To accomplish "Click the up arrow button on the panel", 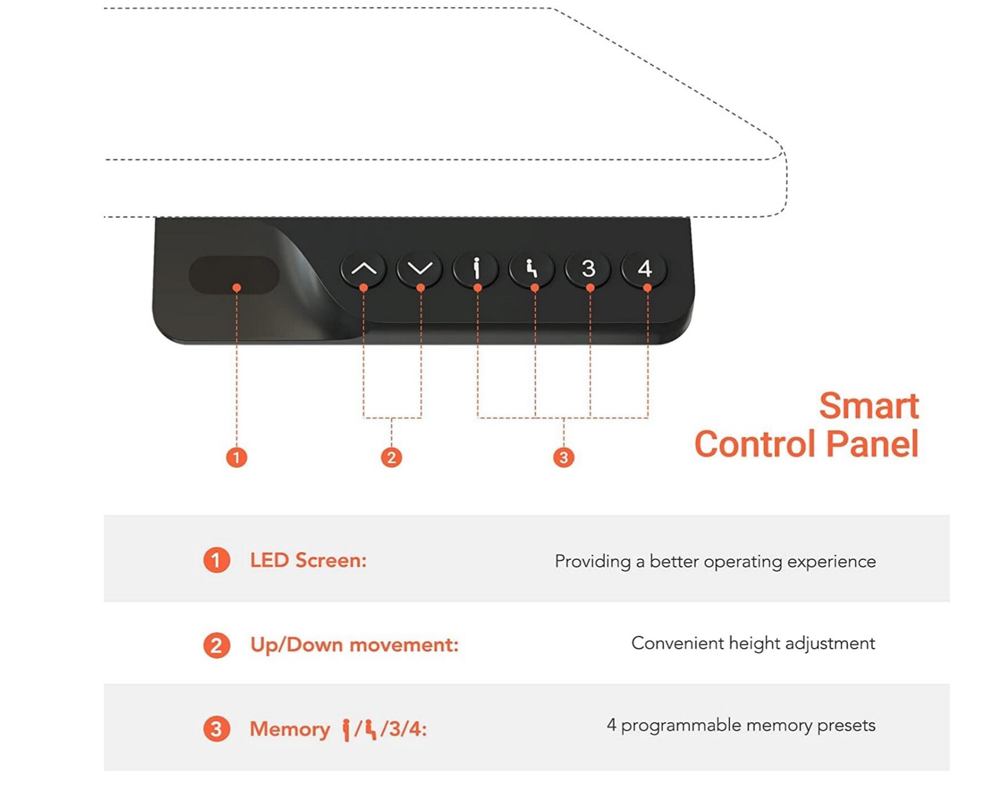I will click(x=363, y=269).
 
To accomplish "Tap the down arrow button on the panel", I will click(x=420, y=269).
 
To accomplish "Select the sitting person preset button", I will click(x=532, y=269).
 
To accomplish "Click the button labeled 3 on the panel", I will click(x=588, y=269).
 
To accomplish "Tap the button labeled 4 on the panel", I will click(x=645, y=269).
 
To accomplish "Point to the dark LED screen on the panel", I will click(x=234, y=275).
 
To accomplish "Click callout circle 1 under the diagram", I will click(x=237, y=457).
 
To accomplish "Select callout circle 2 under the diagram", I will click(x=392, y=457).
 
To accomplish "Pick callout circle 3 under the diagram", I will click(x=563, y=457).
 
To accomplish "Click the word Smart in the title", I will click(x=869, y=406).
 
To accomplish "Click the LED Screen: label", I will click(x=308, y=560).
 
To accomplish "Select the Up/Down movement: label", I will click(x=354, y=645).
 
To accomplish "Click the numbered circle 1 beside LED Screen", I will click(x=216, y=560).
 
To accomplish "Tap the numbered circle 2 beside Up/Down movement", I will click(x=216, y=645).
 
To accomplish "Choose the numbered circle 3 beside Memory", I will click(x=216, y=729).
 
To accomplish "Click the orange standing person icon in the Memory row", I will click(x=346, y=730).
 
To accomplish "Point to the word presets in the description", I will click(x=846, y=726).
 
